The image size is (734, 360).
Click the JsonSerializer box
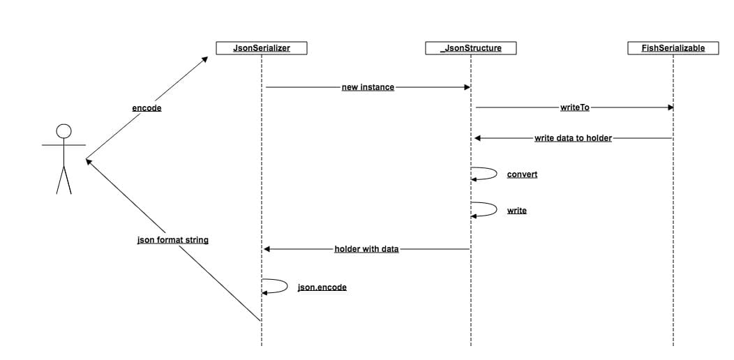[x=261, y=48]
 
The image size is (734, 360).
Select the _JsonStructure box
[x=470, y=48]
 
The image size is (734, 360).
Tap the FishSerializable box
[x=673, y=48]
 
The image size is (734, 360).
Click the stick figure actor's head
[x=63, y=131]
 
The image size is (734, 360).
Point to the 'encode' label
[x=147, y=108]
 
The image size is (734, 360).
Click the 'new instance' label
[x=368, y=87]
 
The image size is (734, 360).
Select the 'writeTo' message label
[x=575, y=107]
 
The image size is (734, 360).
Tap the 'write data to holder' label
[x=573, y=138]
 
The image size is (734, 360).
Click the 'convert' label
[x=522, y=174]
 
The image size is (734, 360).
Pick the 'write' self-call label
[x=517, y=211]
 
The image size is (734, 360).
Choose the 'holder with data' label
[x=366, y=249]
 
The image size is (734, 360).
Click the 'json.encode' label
[x=322, y=287]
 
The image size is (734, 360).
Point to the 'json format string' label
[x=173, y=240]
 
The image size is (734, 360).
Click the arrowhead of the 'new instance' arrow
[x=467, y=87]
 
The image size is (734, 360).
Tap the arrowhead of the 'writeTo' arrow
[x=670, y=107]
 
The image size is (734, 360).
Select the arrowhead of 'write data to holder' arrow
[x=477, y=138]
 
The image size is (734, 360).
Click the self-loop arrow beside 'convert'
[x=497, y=173]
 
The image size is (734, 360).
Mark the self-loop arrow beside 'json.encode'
[x=287, y=285]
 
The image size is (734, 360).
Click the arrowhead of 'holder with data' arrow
[x=267, y=249]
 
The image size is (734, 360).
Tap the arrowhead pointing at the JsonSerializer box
[x=204, y=59]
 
